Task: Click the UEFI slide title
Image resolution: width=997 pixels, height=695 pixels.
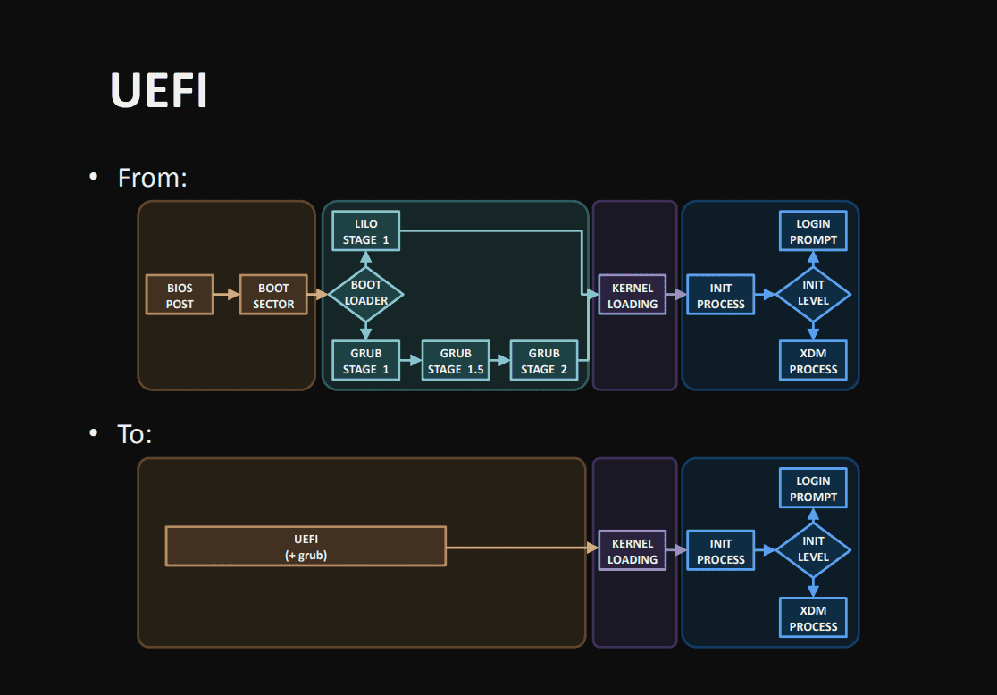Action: point(159,89)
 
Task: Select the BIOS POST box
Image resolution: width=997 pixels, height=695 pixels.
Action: point(180,296)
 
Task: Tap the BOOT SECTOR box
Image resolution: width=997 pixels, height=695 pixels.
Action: point(273,296)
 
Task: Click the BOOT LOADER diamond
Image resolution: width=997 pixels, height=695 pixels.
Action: point(366,293)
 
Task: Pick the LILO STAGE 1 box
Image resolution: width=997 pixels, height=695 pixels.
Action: point(365,231)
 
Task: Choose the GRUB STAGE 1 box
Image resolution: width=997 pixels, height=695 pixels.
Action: point(365,361)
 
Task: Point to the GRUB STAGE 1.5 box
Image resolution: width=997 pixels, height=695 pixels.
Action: point(456,361)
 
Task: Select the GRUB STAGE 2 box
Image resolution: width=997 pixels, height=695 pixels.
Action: point(543,361)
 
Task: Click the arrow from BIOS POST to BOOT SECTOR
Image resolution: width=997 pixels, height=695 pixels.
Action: point(227,294)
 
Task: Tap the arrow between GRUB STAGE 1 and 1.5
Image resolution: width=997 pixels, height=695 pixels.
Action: point(411,361)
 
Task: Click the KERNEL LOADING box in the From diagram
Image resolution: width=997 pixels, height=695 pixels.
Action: point(633,296)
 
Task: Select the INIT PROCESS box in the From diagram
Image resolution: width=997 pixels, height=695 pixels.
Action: point(721,296)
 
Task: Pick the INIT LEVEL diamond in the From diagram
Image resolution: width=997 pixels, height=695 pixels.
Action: point(813,293)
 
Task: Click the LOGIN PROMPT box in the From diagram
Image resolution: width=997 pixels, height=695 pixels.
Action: point(813,231)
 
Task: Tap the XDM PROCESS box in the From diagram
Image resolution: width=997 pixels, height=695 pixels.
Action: point(813,361)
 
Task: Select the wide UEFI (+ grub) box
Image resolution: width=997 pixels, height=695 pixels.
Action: point(306,547)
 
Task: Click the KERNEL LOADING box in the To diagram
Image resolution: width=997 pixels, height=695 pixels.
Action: point(633,551)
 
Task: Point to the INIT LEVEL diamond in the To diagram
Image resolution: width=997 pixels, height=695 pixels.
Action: point(813,549)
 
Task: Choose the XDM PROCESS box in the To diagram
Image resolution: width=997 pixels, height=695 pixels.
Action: point(813,618)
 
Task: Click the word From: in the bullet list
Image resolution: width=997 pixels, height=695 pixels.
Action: point(152,178)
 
